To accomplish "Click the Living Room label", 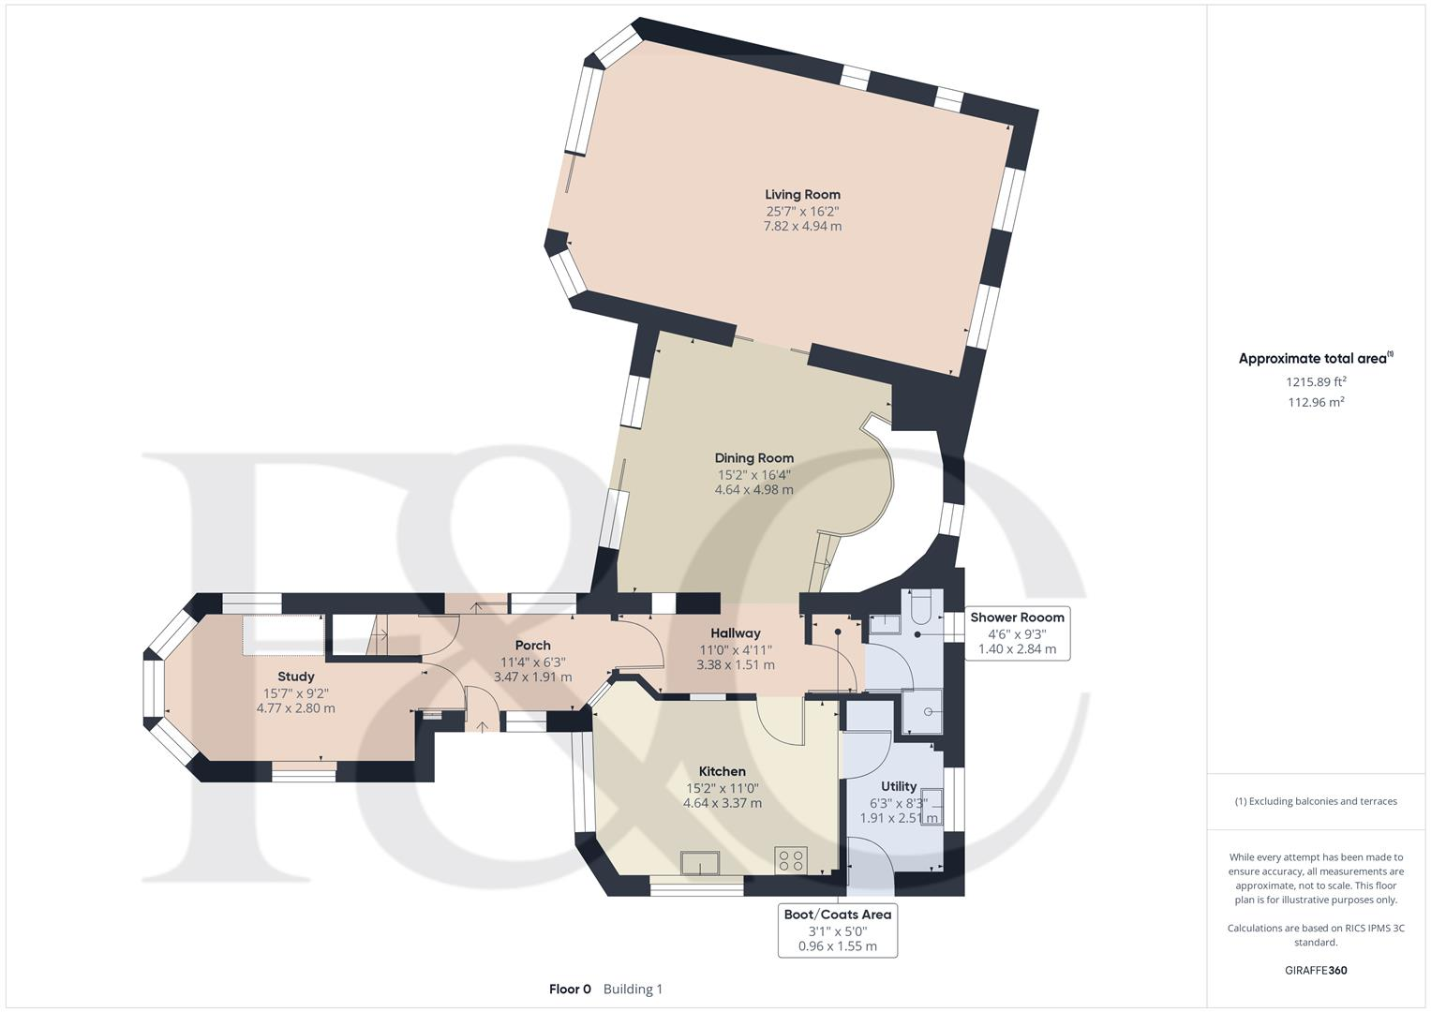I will coord(802,195).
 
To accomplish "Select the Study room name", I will coord(295,677).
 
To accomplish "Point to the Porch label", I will coord(532,645).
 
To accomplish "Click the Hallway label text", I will coord(735,633).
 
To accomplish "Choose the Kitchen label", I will coord(722,771).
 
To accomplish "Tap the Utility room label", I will coord(898,786).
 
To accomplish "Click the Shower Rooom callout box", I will coord(1017,632).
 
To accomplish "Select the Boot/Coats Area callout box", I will coord(837,930).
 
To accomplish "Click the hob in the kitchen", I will coord(791,859).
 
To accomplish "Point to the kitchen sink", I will coord(700,862).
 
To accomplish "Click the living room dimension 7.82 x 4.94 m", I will coord(802,226).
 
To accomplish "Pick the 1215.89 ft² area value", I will coord(1316,381).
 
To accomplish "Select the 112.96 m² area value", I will coord(1316,402).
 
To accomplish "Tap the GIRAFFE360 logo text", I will coord(1315,970).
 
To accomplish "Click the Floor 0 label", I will coord(570,989).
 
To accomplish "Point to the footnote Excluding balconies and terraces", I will coord(1316,801).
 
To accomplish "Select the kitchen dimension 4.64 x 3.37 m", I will coord(722,803).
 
